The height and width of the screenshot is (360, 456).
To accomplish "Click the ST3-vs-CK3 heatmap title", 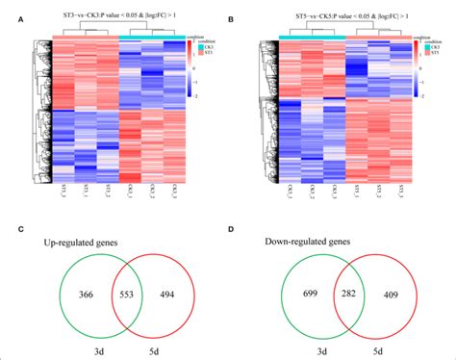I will pyautogui.click(x=117, y=22).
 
